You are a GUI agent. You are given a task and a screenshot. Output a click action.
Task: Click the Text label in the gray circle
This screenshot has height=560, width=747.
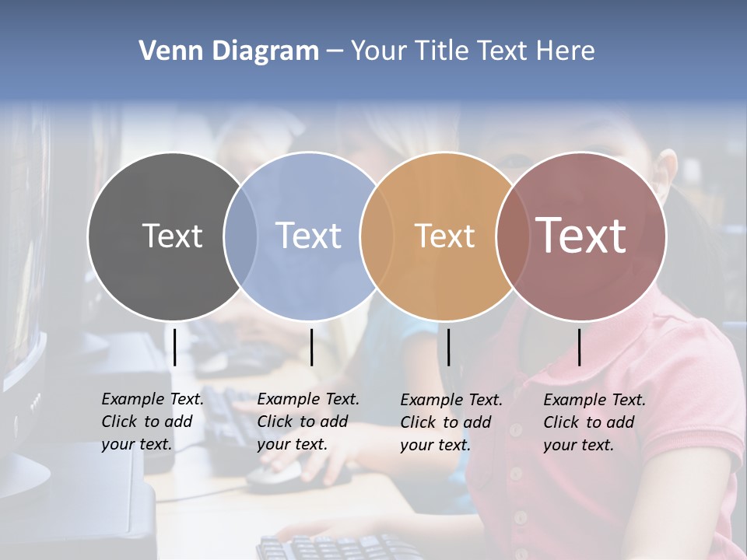(172, 236)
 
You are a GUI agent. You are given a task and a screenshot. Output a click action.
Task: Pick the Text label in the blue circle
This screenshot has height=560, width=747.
(308, 236)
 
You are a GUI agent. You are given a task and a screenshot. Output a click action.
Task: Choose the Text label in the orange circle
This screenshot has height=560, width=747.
(444, 236)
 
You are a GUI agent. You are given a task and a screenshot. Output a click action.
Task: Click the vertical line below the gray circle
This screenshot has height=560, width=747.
(174, 347)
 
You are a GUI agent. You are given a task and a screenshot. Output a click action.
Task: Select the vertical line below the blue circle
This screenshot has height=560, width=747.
(311, 347)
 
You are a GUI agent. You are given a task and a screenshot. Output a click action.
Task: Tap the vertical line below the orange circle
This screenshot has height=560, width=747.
(449, 347)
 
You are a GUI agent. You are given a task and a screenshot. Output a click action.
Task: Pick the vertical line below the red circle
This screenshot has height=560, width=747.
(579, 347)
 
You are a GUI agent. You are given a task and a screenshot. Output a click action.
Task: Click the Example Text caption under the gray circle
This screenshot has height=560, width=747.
(152, 422)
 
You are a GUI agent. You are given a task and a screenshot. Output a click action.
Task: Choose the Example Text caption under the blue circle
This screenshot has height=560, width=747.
(307, 422)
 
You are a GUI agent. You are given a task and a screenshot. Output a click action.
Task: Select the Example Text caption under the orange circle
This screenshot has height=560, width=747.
(451, 422)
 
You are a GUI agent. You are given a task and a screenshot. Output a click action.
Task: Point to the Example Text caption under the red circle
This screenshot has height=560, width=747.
(594, 422)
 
